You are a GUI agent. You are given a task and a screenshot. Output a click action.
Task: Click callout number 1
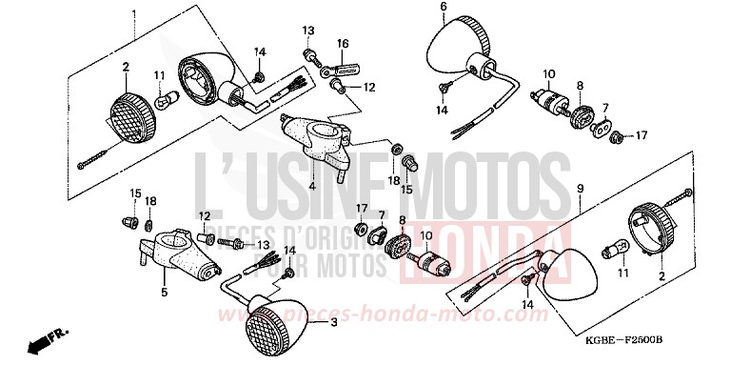point(135,13)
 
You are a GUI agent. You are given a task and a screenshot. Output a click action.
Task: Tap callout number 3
point(334,323)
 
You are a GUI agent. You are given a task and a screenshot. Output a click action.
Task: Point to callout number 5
point(163,292)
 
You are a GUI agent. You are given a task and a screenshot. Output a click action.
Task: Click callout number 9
point(578,191)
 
